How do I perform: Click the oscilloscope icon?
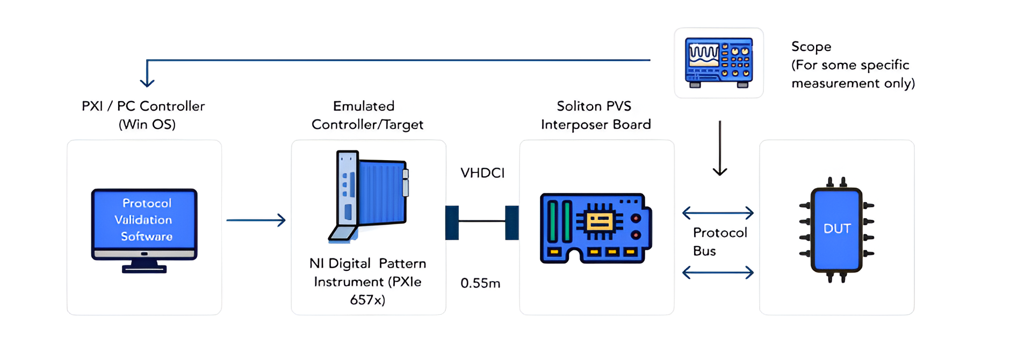(x=719, y=63)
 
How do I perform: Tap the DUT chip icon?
(x=836, y=229)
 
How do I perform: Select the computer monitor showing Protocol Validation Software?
(x=145, y=230)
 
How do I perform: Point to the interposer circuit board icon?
(x=596, y=228)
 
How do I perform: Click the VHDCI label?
(x=482, y=173)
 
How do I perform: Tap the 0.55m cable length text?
(x=480, y=283)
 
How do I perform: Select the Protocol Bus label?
(x=719, y=242)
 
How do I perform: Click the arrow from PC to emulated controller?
(x=256, y=220)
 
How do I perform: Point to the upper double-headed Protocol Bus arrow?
(x=718, y=213)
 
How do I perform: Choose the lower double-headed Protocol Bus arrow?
(x=718, y=272)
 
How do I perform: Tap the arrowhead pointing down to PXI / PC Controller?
(x=147, y=81)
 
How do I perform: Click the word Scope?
(x=811, y=47)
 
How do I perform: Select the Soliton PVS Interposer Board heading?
(x=595, y=115)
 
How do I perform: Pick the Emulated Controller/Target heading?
(x=367, y=115)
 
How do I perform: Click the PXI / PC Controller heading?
(x=143, y=115)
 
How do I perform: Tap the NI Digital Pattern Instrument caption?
(x=367, y=281)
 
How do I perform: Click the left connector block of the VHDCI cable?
(x=452, y=222)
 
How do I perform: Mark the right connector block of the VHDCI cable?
(x=511, y=222)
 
